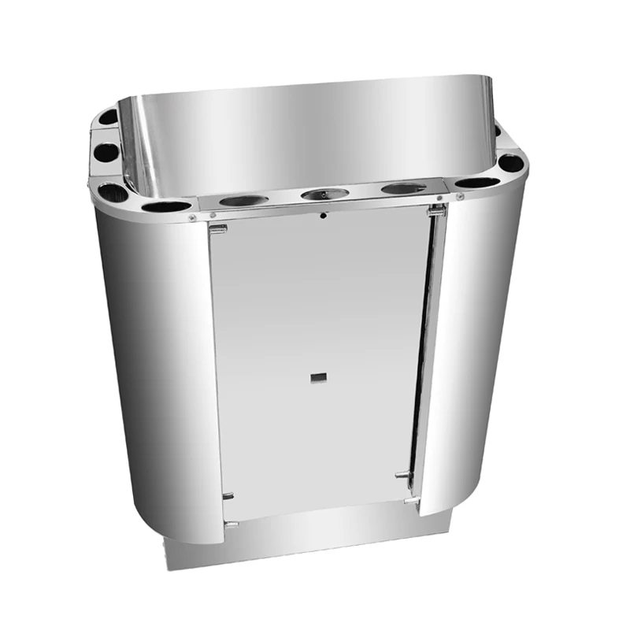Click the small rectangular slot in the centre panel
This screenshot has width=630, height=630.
318,377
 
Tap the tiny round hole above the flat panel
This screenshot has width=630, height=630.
323,215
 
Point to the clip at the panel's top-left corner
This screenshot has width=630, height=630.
218,228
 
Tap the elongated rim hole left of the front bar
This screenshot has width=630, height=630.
167,206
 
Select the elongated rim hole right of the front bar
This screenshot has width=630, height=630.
478,183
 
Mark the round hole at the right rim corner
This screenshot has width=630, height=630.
510,163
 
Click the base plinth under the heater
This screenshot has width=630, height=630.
315,543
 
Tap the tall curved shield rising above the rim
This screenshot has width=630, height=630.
307,134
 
